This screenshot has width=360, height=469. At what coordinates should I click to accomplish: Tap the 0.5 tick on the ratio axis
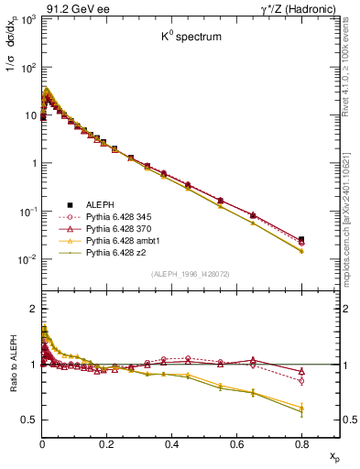click(29, 420)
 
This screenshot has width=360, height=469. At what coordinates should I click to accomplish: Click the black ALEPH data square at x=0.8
click(301, 239)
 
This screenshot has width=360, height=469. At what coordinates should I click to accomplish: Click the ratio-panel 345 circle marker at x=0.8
click(301, 380)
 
